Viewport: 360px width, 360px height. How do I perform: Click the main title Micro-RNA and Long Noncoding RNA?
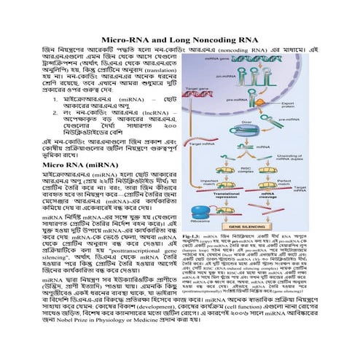[179, 38]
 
